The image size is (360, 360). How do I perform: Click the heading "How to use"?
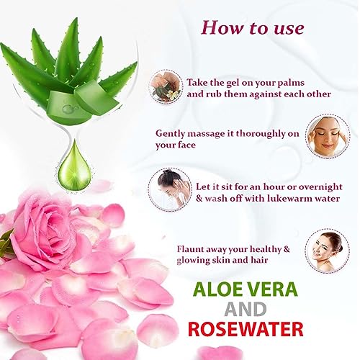click(x=253, y=28)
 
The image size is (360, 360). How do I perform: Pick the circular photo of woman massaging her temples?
click(x=328, y=135)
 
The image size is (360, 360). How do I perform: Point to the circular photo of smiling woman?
click(x=328, y=251)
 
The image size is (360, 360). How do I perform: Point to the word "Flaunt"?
click(x=190, y=249)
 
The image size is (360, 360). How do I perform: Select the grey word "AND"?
click(x=246, y=309)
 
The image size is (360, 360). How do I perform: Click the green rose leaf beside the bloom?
click(x=6, y=243)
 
